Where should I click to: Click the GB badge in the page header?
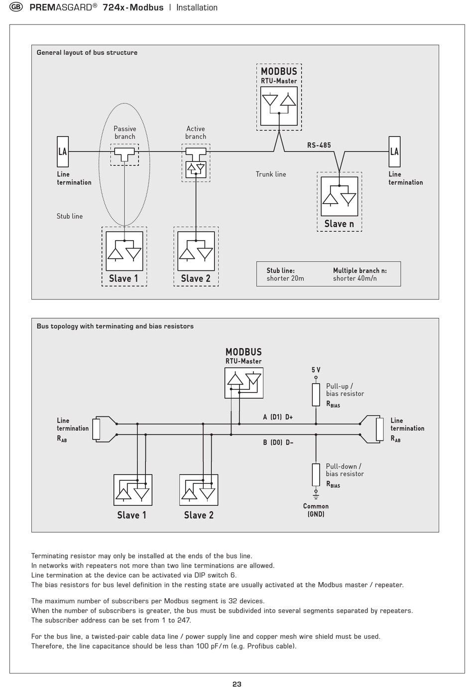pyautogui.click(x=16, y=7)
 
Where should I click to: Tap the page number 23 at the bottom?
pyautogui.click(x=236, y=684)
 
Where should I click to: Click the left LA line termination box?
pyautogui.click(x=63, y=151)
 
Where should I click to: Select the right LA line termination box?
pyautogui.click(x=394, y=151)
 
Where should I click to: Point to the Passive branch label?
pyautogui.click(x=125, y=133)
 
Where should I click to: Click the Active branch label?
pyautogui.click(x=196, y=133)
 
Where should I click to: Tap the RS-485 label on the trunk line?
pyautogui.click(x=319, y=145)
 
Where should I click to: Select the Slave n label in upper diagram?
pyautogui.click(x=339, y=224)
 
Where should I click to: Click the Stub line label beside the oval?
pyautogui.click(x=70, y=216)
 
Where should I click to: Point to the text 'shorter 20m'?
pyautogui.click(x=285, y=278)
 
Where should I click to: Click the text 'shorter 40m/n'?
pyautogui.click(x=355, y=278)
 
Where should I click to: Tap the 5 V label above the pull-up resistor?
pyautogui.click(x=316, y=370)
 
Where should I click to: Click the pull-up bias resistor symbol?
pyautogui.click(x=316, y=395)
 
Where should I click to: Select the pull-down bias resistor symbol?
pyautogui.click(x=316, y=475)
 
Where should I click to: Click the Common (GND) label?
pyautogui.click(x=316, y=510)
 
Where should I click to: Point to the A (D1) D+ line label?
pyautogui.click(x=278, y=417)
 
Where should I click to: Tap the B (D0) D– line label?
pyautogui.click(x=278, y=442)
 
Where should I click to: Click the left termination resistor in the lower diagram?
pyautogui.click(x=96, y=429)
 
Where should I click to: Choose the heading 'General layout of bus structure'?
pyautogui.click(x=87, y=52)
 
